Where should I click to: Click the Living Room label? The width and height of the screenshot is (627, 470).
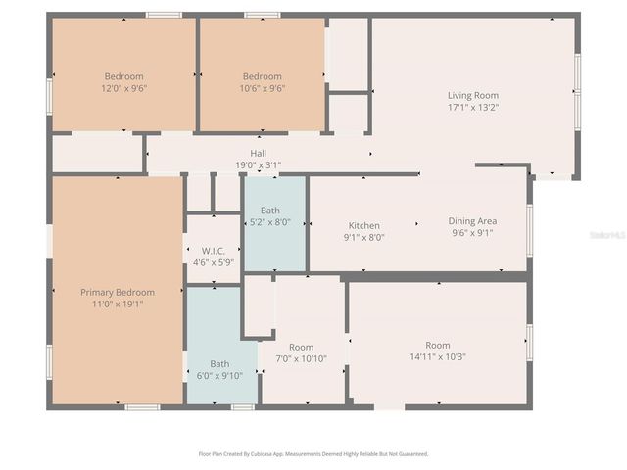pyautogui.click(x=473, y=96)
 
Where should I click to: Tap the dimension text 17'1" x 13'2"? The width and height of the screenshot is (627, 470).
pyautogui.click(x=473, y=108)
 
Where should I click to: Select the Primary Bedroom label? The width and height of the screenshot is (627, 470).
pyautogui.click(x=118, y=292)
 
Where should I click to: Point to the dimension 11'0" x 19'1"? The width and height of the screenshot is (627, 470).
pyautogui.click(x=118, y=304)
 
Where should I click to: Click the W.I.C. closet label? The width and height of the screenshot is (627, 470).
pyautogui.click(x=214, y=250)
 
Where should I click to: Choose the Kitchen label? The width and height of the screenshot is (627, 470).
pyautogui.click(x=363, y=225)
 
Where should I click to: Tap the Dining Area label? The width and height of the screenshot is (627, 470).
pyautogui.click(x=472, y=221)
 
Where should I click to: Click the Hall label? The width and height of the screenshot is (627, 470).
pyautogui.click(x=258, y=153)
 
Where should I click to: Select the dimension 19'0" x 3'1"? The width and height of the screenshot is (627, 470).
pyautogui.click(x=258, y=164)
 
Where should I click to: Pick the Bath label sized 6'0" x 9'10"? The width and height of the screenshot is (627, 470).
pyautogui.click(x=219, y=364)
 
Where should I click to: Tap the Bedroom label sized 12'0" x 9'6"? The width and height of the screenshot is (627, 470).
pyautogui.click(x=124, y=76)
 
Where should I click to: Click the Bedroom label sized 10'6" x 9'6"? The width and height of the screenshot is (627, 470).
pyautogui.click(x=263, y=76)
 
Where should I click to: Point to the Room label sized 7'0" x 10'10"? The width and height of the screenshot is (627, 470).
pyautogui.click(x=301, y=348)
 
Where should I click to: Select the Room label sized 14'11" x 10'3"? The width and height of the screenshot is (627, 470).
pyautogui.click(x=437, y=345)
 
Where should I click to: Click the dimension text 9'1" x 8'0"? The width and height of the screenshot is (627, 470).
pyautogui.click(x=363, y=237)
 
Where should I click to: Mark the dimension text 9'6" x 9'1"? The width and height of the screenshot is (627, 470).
pyautogui.click(x=472, y=233)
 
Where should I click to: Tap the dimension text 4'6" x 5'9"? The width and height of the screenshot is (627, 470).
pyautogui.click(x=214, y=261)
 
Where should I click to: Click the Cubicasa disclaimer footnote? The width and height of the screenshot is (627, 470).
pyautogui.click(x=313, y=454)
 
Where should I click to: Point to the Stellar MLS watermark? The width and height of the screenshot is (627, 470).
pyautogui.click(x=607, y=235)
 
